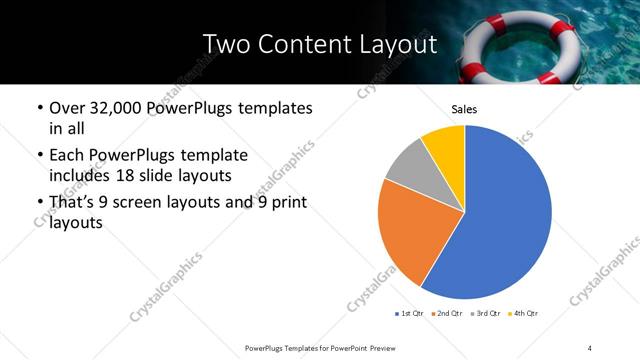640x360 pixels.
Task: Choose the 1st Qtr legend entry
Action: tap(411, 314)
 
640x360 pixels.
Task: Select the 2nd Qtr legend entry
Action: tap(448, 314)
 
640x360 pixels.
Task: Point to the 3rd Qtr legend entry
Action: tap(486, 314)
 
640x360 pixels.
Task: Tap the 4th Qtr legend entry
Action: tap(523, 314)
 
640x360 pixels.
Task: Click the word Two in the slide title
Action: tap(225, 45)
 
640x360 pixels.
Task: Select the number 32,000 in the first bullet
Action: tap(125, 108)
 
